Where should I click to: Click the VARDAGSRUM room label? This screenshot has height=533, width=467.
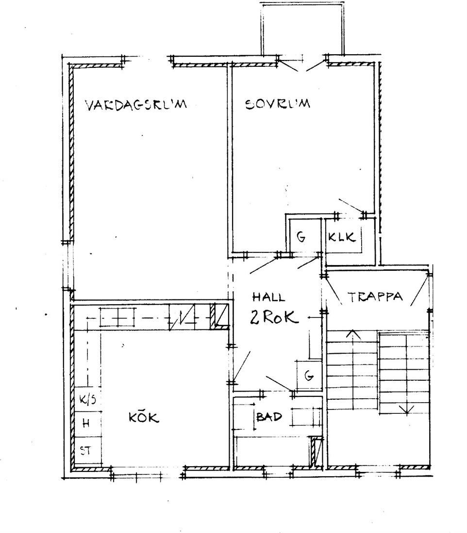(136, 105)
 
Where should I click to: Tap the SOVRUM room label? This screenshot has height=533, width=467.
(278, 103)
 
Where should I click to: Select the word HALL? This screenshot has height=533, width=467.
(268, 297)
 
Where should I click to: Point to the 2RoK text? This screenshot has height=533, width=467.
(274, 317)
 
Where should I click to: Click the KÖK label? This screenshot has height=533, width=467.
(144, 417)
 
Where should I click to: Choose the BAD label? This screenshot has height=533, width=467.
(269, 416)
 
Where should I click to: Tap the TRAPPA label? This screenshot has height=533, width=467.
(375, 297)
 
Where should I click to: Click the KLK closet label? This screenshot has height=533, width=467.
(342, 236)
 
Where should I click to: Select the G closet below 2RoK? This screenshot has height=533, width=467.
(309, 375)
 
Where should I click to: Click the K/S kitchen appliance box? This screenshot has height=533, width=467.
(87, 399)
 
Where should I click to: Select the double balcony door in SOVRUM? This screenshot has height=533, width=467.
(302, 64)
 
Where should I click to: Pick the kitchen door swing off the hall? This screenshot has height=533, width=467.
(242, 367)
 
